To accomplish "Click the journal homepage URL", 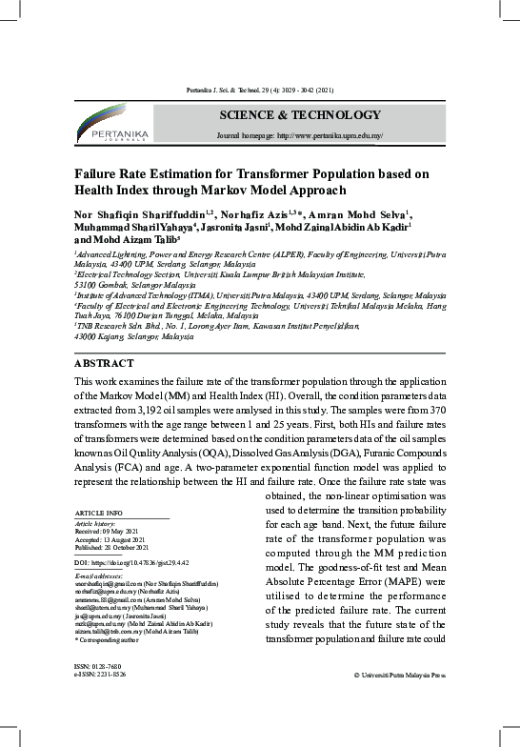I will tap(300, 136).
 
